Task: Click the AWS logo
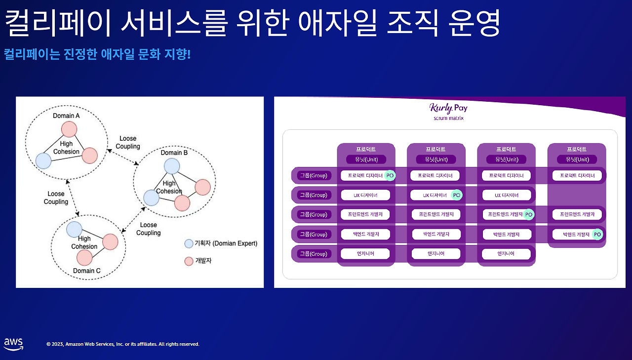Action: click(x=13, y=344)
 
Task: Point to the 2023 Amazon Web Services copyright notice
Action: click(x=123, y=344)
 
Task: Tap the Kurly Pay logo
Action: click(x=448, y=108)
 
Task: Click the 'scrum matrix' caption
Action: click(x=448, y=118)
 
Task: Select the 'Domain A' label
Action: click(x=67, y=116)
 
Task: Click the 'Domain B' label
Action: click(x=174, y=153)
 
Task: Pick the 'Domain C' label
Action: click(x=87, y=271)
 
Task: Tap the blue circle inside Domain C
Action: click(x=74, y=229)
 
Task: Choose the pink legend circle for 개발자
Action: click(x=189, y=261)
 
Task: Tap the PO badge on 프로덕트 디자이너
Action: click(x=390, y=175)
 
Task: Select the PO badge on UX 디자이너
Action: click(x=457, y=195)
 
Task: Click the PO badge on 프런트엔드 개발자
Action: click(x=529, y=214)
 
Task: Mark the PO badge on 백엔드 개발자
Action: click(x=597, y=234)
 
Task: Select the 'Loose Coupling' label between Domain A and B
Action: click(x=128, y=142)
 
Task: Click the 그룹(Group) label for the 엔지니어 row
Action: click(x=313, y=254)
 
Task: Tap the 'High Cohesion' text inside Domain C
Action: click(x=84, y=242)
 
